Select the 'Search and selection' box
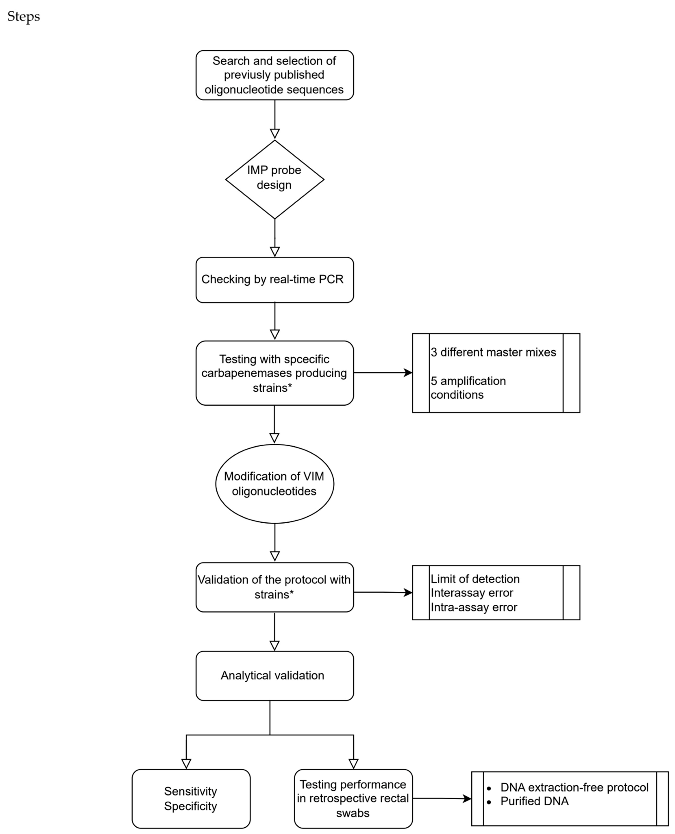tap(275, 75)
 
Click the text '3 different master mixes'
tap(493, 352)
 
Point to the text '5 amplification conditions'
tap(468, 388)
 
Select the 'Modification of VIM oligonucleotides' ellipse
tap(275, 484)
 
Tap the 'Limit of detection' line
tap(475, 579)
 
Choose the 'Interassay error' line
tap(472, 593)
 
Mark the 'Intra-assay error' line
tap(474, 607)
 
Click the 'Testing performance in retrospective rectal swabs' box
tap(353, 799)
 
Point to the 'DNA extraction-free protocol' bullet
tap(574, 787)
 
